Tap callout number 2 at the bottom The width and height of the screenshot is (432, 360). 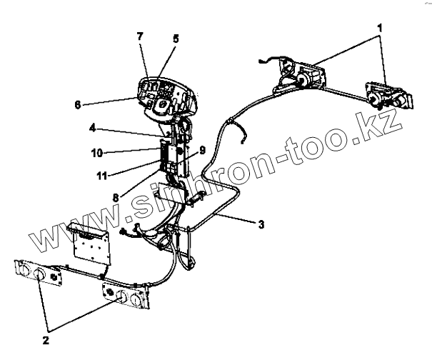45,340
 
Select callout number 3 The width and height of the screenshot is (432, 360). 262,224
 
